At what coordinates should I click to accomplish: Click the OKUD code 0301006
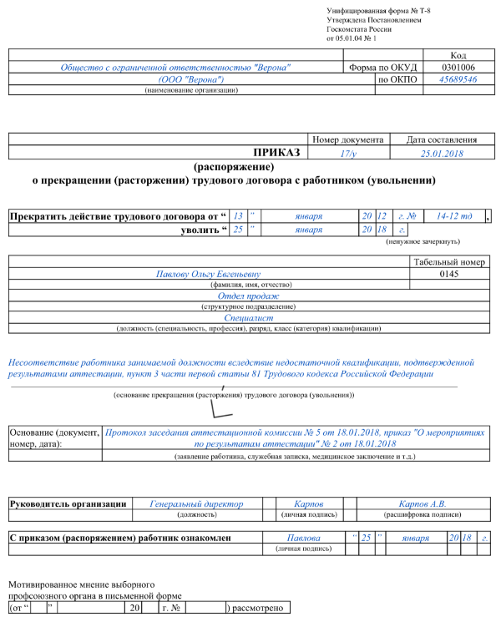coord(458,67)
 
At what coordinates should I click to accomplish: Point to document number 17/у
coord(348,154)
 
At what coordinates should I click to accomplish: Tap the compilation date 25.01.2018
coord(442,154)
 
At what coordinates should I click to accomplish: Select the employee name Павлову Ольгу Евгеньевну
coord(208,273)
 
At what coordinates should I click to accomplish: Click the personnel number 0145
coord(448,273)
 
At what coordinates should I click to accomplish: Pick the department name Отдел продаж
coord(248,296)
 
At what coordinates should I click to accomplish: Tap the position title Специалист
coord(248,318)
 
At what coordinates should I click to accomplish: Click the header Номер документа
coord(347,140)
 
